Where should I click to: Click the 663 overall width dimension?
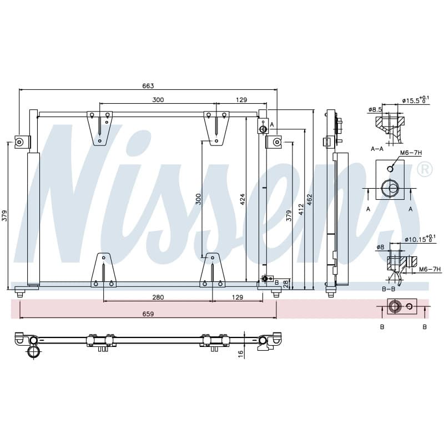click(148, 85)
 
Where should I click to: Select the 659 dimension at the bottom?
click(148, 314)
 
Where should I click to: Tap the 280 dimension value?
click(158, 297)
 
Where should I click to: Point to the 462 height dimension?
click(309, 200)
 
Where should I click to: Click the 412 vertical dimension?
click(301, 209)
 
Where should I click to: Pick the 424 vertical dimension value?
click(242, 199)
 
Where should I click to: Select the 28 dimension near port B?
click(286, 284)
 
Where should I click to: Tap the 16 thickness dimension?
click(241, 354)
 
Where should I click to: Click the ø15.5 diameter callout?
click(416, 100)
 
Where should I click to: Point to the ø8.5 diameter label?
click(375, 109)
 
